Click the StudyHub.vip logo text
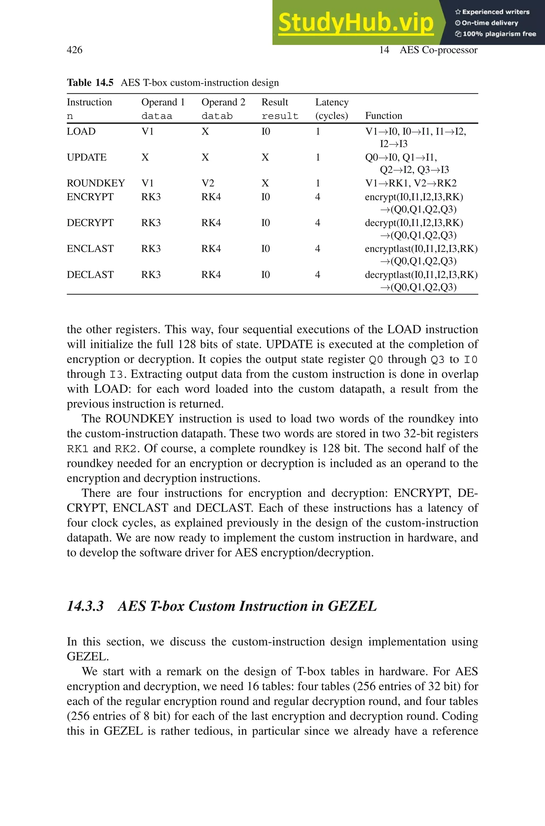pyautogui.click(x=356, y=23)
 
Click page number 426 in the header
pyautogui.click(x=75, y=50)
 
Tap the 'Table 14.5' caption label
pyautogui.click(x=90, y=83)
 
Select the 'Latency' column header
pyautogui.click(x=332, y=102)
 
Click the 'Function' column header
pyautogui.click(x=383, y=116)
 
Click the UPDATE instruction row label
pyautogui.click(x=86, y=157)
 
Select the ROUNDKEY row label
pyautogui.click(x=96, y=183)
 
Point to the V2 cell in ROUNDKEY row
pyautogui.click(x=208, y=183)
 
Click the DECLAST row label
pyautogui.click(x=90, y=275)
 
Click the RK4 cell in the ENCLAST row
pyautogui.click(x=211, y=249)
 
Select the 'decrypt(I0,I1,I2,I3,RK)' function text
pyautogui.click(x=414, y=223)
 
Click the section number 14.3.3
pyautogui.click(x=85, y=606)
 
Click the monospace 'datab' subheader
pyautogui.click(x=217, y=116)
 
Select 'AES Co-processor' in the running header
pyautogui.click(x=438, y=50)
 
